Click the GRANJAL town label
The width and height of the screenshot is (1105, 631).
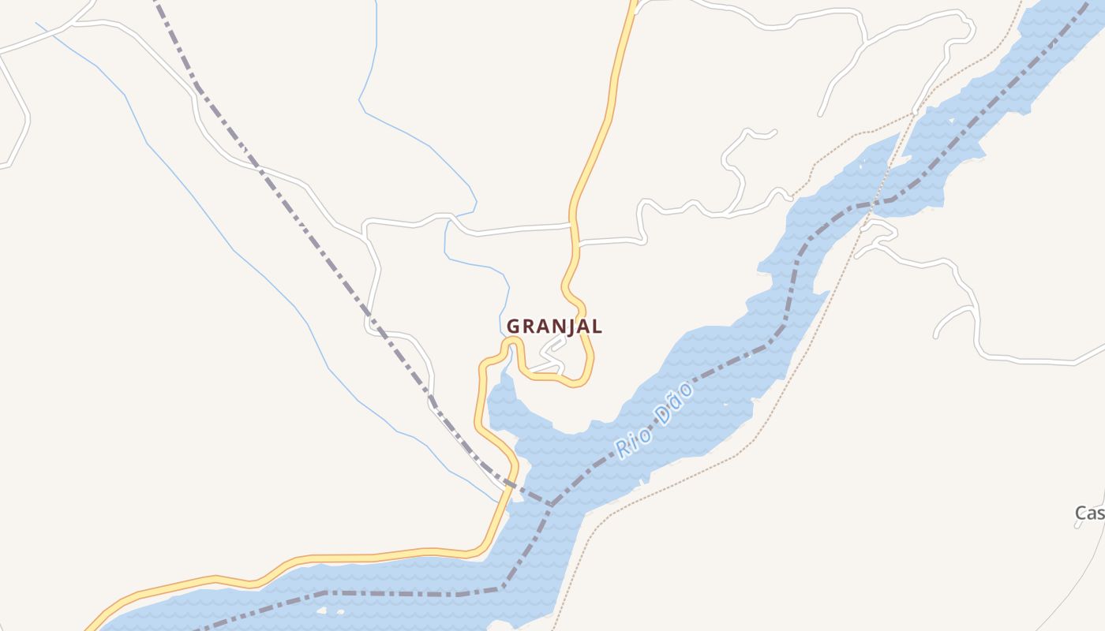[554, 326]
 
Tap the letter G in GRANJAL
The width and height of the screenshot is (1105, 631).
[514, 326]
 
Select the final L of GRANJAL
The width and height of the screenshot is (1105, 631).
[597, 326]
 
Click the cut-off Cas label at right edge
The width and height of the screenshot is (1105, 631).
[1090, 513]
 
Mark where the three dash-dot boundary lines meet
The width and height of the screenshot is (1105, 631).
[551, 504]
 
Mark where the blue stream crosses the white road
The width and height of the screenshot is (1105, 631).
[451, 216]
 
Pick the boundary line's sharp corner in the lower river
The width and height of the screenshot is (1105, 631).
[503, 588]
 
